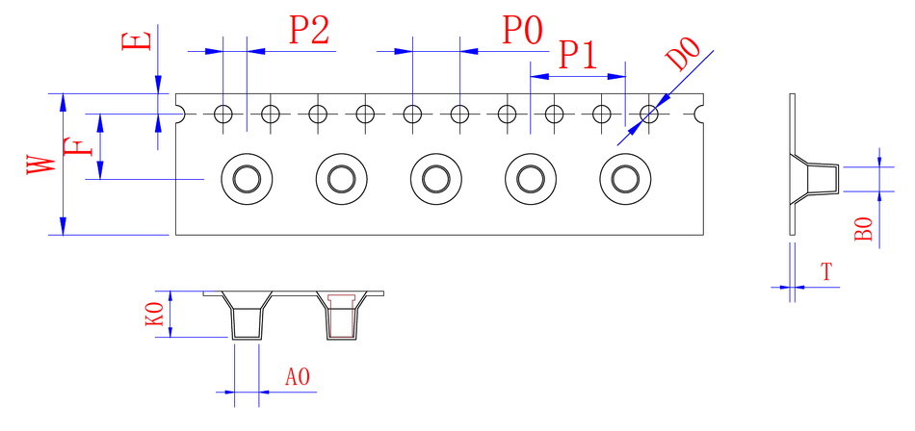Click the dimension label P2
click(309, 31)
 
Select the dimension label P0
click(523, 31)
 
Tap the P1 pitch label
click(578, 56)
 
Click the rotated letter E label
click(137, 41)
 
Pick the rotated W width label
click(41, 165)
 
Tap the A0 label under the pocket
click(297, 377)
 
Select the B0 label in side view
click(863, 229)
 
